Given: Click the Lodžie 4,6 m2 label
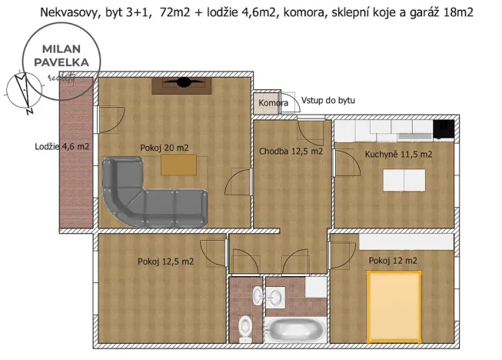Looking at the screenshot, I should click(62, 147).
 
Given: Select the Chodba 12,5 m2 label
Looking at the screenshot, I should click(291, 151).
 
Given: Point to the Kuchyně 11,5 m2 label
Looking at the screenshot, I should click(397, 154).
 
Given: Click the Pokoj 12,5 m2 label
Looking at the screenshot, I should click(165, 262).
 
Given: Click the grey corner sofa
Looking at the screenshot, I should click(146, 192).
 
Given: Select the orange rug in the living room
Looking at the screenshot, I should click(178, 165).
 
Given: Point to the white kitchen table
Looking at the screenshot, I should click(405, 179).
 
